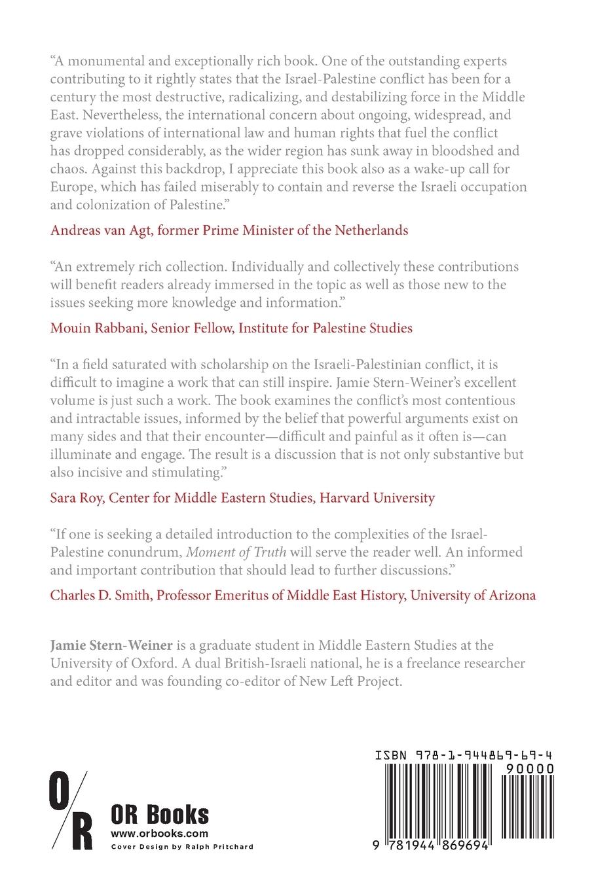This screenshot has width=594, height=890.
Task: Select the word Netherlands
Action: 372,230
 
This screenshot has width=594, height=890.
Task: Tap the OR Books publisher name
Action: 160,815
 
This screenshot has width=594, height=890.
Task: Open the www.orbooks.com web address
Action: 159,834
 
